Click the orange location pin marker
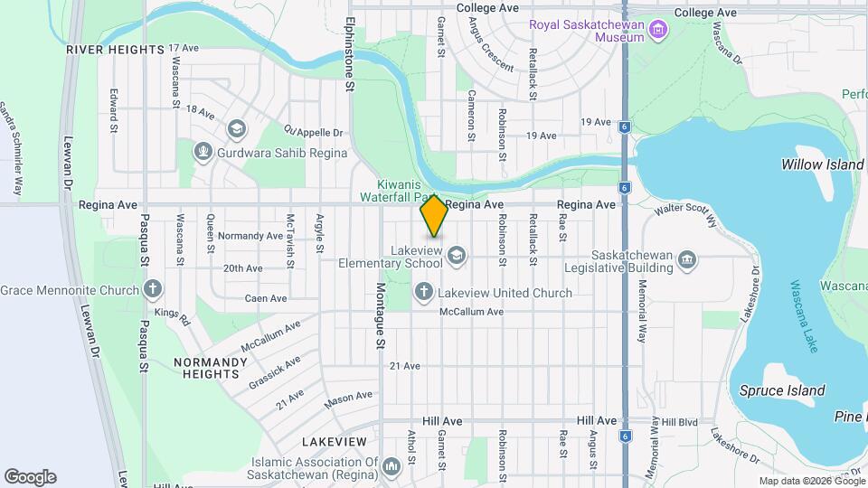tap(434, 215)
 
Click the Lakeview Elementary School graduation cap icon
tap(457, 256)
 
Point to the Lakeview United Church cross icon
tap(423, 292)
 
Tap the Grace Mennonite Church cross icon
tap(154, 290)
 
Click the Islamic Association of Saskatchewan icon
tap(392, 467)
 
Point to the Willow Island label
tap(822, 164)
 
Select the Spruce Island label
tap(782, 390)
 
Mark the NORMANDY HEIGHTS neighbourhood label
tap(210, 368)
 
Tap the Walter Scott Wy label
tap(685, 214)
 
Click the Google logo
tap(30, 477)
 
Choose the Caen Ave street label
tap(266, 297)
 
